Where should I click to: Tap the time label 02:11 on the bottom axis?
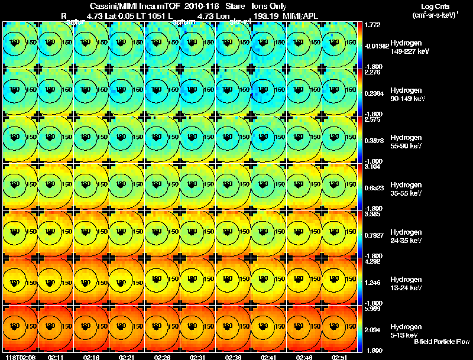point(56,356)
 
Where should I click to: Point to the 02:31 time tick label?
point(198,356)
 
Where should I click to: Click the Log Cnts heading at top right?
point(435,6)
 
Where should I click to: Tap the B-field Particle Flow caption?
point(441,341)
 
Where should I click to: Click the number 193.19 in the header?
point(265,16)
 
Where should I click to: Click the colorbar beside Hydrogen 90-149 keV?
point(361,93)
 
